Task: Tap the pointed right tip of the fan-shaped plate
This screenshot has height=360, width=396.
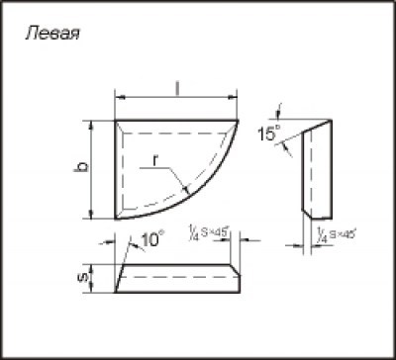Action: click(240, 122)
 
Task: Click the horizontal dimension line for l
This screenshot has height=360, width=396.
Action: click(178, 98)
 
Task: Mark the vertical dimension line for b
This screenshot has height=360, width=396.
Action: click(92, 169)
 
